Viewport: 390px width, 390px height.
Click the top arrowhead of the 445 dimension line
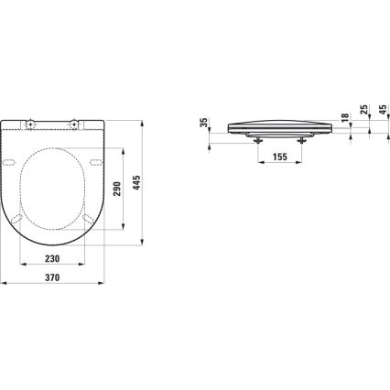point(146,120)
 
